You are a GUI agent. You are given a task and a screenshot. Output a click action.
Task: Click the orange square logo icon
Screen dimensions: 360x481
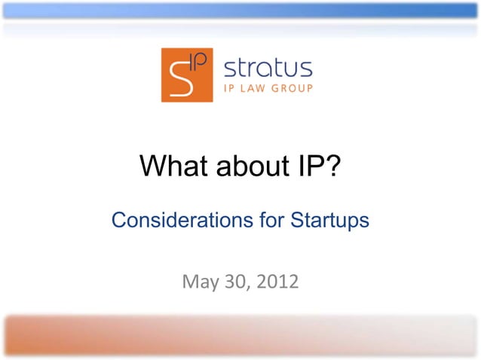coord(187,75)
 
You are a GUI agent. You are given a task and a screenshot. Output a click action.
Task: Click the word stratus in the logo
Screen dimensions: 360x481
coord(268,68)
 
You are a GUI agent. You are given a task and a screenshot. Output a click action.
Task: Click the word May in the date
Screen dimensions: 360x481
coord(199,282)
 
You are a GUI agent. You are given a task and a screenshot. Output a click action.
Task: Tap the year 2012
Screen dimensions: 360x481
coord(276,282)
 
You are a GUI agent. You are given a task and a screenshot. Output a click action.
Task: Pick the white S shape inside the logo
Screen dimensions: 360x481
coord(180,78)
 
